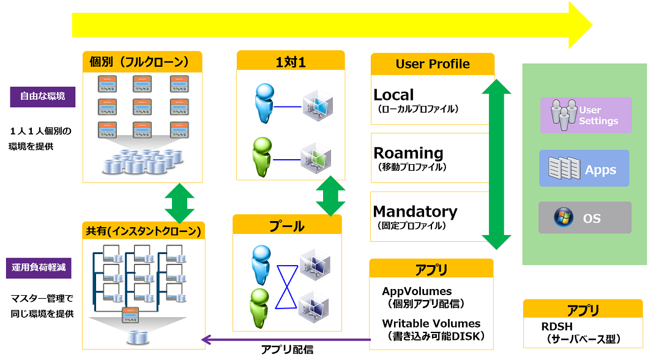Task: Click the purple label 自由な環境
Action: pos(42,97)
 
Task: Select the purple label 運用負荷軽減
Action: pos(39,268)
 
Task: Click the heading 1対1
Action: pos(291,62)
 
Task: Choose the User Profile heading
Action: pos(433,64)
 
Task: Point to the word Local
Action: pos(394,95)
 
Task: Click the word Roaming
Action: pos(409,152)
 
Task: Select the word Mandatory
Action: pos(415,211)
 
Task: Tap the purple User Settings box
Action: pos(586,115)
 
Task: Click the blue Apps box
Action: pos(584,168)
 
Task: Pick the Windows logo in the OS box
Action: pos(564,217)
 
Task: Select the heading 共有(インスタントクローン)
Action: pos(143,231)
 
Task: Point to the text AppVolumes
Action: pos(417,291)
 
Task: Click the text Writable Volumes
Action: pos(431,323)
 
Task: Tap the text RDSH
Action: pos(557,326)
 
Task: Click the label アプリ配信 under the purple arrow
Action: pos(287,350)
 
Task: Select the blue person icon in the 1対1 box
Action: pos(265,103)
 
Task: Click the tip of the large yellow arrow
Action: pos(592,25)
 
